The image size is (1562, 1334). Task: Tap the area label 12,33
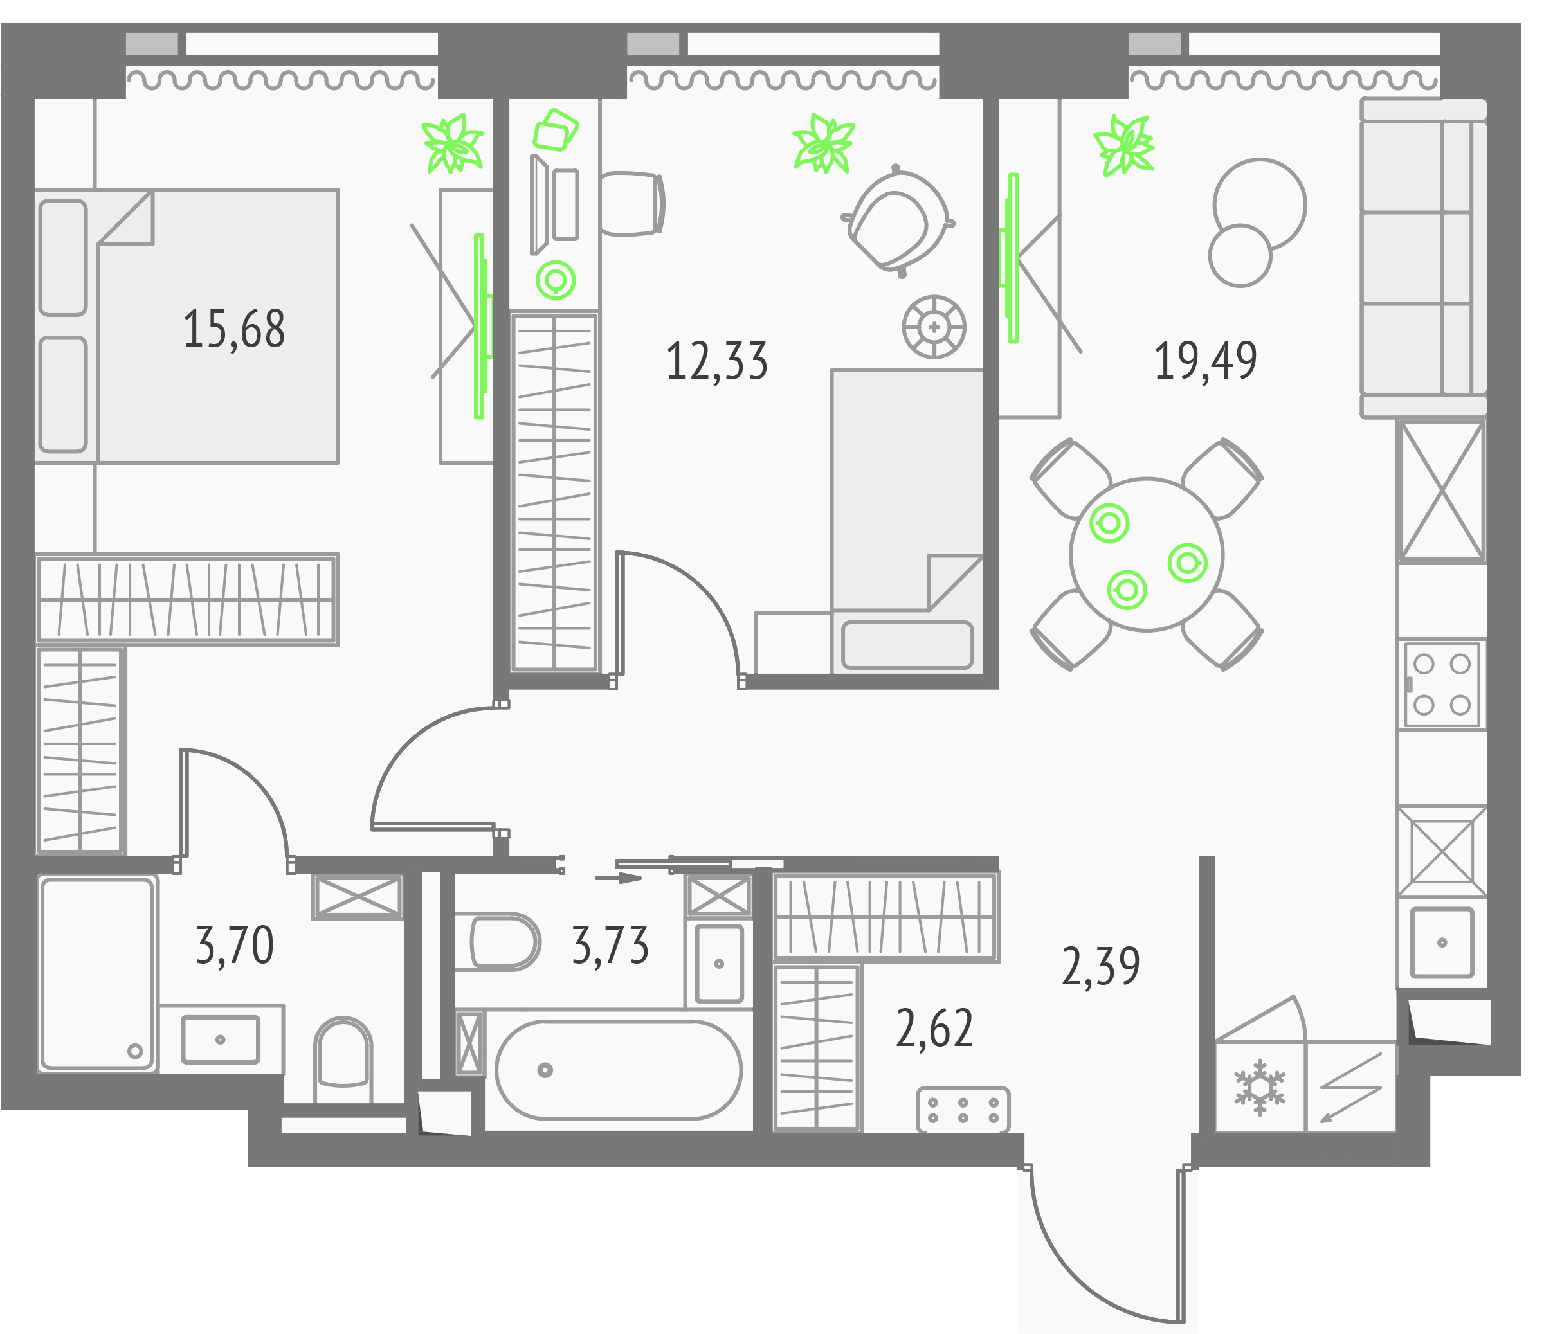tap(716, 361)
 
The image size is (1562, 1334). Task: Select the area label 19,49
tap(1204, 361)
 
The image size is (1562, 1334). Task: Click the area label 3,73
tap(610, 946)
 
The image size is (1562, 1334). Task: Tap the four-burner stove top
tap(1440, 684)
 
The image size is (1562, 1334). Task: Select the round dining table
tap(1146, 554)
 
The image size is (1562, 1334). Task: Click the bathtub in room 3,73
tap(618, 1070)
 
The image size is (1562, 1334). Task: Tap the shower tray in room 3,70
tap(96, 973)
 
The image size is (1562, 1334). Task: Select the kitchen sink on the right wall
tap(1440, 942)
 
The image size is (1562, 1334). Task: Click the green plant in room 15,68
tap(452, 143)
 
